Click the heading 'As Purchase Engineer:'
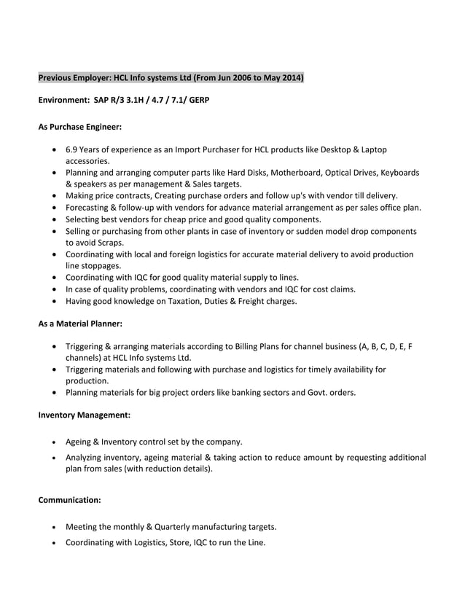pos(79,126)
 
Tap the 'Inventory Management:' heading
pos(84,415)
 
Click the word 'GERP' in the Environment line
pos(198,98)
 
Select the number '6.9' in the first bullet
pos(72,149)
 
